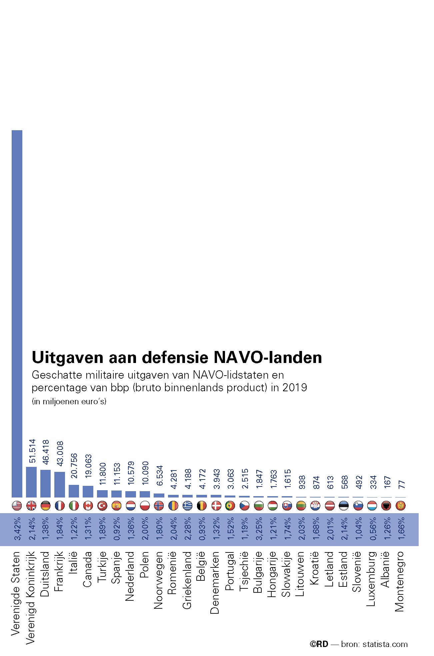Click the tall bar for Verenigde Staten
[x=17, y=313]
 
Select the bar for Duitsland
[x=45, y=483]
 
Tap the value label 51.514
[x=32, y=451]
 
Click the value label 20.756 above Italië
[x=74, y=466]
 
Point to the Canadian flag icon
[x=88, y=506]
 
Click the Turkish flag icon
[x=102, y=506]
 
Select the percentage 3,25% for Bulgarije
[x=258, y=529]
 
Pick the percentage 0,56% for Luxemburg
[x=372, y=529]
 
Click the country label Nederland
[x=130, y=576]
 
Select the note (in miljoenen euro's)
[x=69, y=402]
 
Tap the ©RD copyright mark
[x=319, y=644]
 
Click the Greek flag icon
[x=188, y=506]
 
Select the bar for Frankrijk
[x=60, y=484]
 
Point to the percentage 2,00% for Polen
[x=144, y=529]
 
